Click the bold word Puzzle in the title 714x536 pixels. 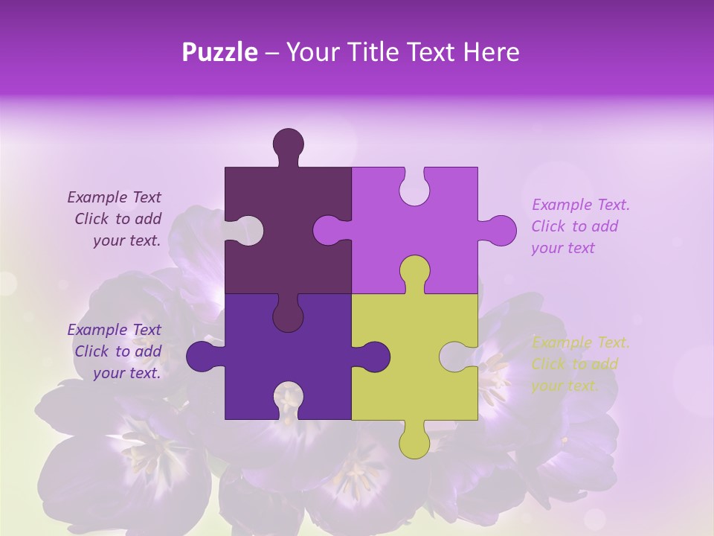[x=220, y=52]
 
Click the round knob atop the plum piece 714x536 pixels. [x=289, y=144]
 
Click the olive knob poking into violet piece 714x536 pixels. [x=414, y=271]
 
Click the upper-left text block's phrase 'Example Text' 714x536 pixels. [x=114, y=197]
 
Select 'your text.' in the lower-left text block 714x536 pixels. [x=126, y=373]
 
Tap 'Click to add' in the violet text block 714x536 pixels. [x=574, y=226]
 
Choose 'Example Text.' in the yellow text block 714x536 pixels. [x=580, y=342]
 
